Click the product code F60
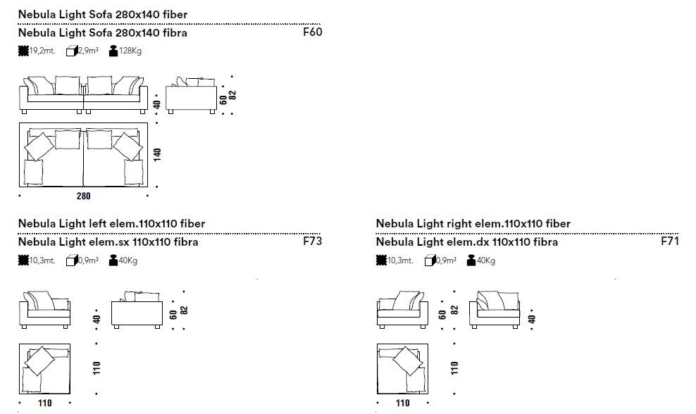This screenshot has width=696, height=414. (x=311, y=32)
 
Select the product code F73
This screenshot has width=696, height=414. (x=311, y=241)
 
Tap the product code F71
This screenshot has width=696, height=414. (x=669, y=241)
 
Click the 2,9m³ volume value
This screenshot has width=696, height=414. (x=88, y=51)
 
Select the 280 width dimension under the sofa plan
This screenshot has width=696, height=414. (x=83, y=196)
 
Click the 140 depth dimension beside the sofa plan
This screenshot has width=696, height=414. (x=157, y=154)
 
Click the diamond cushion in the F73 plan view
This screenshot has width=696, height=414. (x=39, y=362)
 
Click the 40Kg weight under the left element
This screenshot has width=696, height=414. (x=128, y=261)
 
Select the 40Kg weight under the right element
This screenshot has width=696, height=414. (x=486, y=261)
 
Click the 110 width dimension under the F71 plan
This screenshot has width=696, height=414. (x=402, y=403)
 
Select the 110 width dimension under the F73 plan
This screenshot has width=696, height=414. (x=44, y=403)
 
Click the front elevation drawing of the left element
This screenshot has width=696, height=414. (x=44, y=310)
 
